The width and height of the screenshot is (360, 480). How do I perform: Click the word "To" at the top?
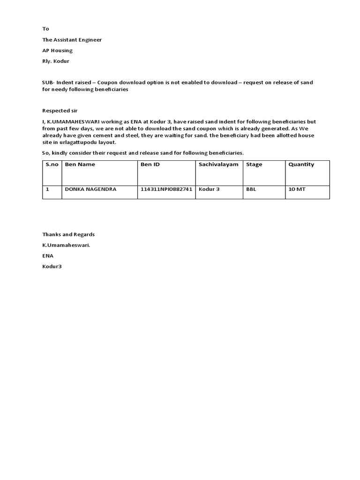[x=45, y=29]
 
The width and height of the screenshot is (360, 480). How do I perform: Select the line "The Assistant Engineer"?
[x=72, y=40]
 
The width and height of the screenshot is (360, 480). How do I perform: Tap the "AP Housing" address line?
[x=57, y=51]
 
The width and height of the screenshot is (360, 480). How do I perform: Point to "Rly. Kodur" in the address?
[x=55, y=61]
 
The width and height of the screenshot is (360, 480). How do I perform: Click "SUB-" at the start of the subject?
[x=48, y=82]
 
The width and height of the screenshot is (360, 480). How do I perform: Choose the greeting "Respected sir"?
[x=59, y=111]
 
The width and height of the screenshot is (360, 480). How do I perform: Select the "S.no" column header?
[x=52, y=165]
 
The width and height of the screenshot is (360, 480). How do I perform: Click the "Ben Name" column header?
[x=80, y=165]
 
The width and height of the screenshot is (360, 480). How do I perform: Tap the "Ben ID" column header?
[x=150, y=165]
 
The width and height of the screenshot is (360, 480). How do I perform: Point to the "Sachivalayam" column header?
[x=218, y=165]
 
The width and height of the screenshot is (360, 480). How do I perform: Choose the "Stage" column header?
[x=254, y=165]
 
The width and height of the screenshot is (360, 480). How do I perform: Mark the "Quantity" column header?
[x=301, y=165]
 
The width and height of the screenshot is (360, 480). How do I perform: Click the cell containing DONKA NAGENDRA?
[x=90, y=189]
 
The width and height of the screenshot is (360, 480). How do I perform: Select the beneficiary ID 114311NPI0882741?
[x=166, y=189]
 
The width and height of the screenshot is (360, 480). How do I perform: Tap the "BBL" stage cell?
[x=251, y=189]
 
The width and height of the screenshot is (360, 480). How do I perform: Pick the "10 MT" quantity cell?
[x=297, y=189]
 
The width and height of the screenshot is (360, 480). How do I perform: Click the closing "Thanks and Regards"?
[x=68, y=234]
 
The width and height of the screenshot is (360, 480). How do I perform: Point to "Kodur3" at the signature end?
[x=52, y=267]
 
